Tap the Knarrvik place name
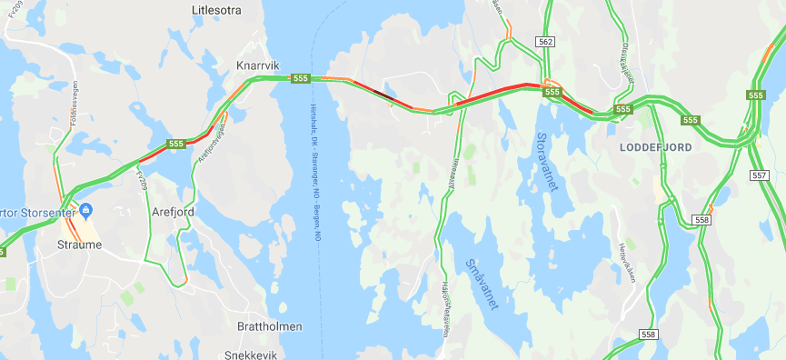pyautogui.click(x=257, y=65)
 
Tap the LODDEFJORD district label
pyautogui.click(x=655, y=146)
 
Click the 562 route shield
pyautogui.click(x=545, y=42)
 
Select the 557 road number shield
pyautogui.click(x=760, y=175)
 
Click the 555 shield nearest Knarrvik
pyautogui.click(x=299, y=78)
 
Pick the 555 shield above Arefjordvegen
pyautogui.click(x=176, y=144)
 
